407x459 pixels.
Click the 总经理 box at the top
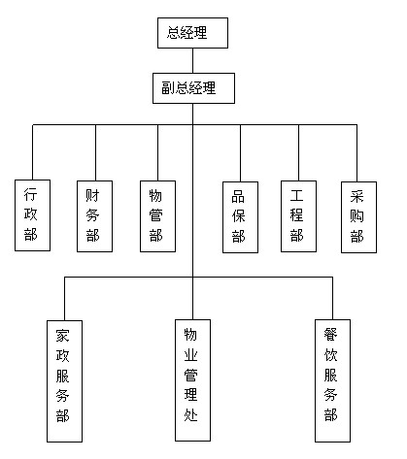pyautogui.click(x=192, y=33)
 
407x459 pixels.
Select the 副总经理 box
pyautogui.click(x=193, y=88)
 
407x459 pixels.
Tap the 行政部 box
pyautogui.click(x=32, y=215)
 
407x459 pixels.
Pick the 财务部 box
pyautogui.click(x=94, y=216)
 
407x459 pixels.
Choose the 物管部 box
pyautogui.click(x=157, y=216)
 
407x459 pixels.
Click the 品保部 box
pyautogui.click(x=240, y=217)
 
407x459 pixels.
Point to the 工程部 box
pyautogui.click(x=298, y=216)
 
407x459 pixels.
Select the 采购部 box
pyautogui.click(x=358, y=217)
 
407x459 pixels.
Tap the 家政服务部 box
pyautogui.click(x=64, y=381)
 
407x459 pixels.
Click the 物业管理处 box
pyautogui.click(x=192, y=380)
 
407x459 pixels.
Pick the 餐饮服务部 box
pyautogui.click(x=332, y=380)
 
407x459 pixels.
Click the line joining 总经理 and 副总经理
pyautogui.click(x=193, y=61)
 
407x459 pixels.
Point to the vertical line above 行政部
pyautogui.click(x=33, y=152)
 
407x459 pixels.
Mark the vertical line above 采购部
pyautogui.click(x=356, y=153)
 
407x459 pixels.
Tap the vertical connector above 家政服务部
pyautogui.click(x=64, y=299)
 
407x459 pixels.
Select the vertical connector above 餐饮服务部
pyautogui.click(x=332, y=298)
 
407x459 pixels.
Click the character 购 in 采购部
pyautogui.click(x=356, y=216)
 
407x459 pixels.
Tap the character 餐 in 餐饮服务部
pyautogui.click(x=330, y=335)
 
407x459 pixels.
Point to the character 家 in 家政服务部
pyautogui.click(x=62, y=336)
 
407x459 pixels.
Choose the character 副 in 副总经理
pyautogui.click(x=168, y=88)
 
